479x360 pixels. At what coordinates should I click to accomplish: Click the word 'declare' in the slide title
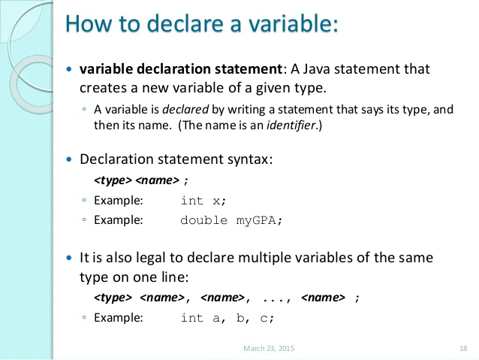pyautogui.click(x=185, y=23)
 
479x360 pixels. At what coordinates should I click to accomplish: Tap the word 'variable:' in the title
pyautogui.click(x=293, y=23)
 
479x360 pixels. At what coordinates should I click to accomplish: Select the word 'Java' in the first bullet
pyautogui.click(x=316, y=69)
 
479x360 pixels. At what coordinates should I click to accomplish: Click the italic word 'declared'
pyautogui.click(x=185, y=109)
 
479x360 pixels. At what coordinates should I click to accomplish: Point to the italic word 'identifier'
pyautogui.click(x=291, y=125)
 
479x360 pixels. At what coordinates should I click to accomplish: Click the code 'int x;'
pyautogui.click(x=203, y=201)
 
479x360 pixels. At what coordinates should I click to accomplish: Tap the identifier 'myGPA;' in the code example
pyautogui.click(x=259, y=220)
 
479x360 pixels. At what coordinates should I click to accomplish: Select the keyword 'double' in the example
pyautogui.click(x=204, y=220)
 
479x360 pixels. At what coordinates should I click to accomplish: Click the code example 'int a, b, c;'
pyautogui.click(x=227, y=318)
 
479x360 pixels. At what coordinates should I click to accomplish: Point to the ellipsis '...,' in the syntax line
pyautogui.click(x=277, y=298)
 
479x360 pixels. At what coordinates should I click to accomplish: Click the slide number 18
pyautogui.click(x=463, y=349)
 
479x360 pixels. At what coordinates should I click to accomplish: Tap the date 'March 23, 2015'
pyautogui.click(x=269, y=349)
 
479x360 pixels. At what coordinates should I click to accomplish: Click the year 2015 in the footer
pyautogui.click(x=287, y=349)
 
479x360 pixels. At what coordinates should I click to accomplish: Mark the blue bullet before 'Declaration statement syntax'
pyautogui.click(x=69, y=159)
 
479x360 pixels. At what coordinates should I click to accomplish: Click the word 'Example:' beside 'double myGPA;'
pyautogui.click(x=119, y=220)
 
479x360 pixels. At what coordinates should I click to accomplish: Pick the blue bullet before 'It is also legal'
pyautogui.click(x=69, y=258)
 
